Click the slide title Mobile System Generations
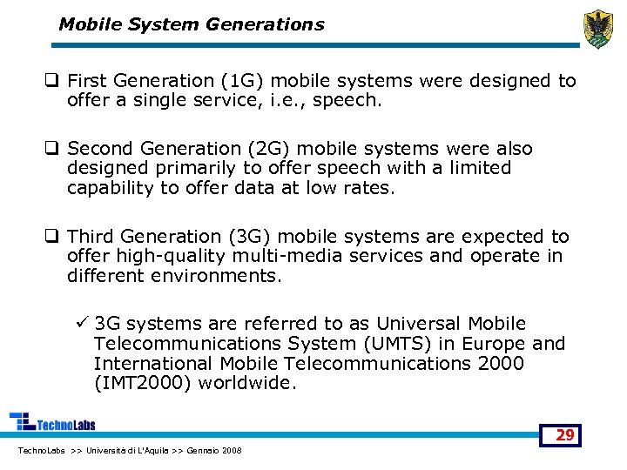[x=191, y=24]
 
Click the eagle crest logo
[x=598, y=30]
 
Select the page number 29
[x=565, y=434]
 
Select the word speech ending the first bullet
[x=352, y=100]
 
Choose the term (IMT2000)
[x=139, y=383]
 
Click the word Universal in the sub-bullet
[x=419, y=324]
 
